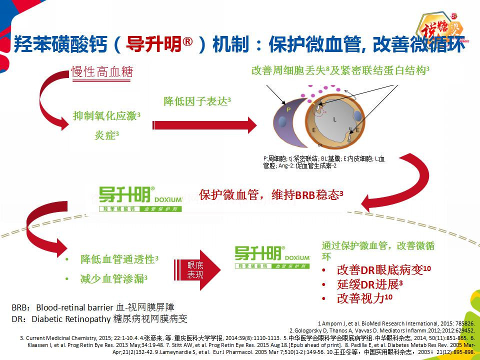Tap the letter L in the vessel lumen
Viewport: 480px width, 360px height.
point(334,119)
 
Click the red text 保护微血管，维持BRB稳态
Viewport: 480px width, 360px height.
point(270,194)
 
